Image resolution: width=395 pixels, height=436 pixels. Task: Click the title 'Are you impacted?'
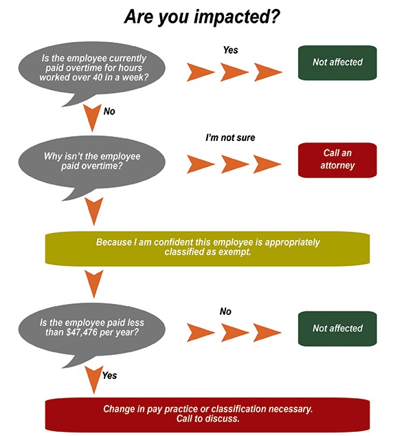click(x=202, y=17)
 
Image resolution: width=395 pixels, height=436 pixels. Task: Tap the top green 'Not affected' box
click(x=337, y=63)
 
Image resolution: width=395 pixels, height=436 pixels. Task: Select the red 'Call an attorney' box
click(x=337, y=160)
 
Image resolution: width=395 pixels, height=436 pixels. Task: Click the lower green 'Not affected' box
click(x=337, y=329)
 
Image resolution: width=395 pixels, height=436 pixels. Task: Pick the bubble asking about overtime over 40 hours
click(x=92, y=69)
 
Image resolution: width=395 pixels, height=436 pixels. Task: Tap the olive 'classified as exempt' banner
click(x=207, y=248)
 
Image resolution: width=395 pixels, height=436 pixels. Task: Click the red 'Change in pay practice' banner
click(x=207, y=414)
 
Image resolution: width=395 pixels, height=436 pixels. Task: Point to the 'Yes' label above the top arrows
click(x=231, y=50)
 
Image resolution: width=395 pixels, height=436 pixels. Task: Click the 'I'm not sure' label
click(x=230, y=138)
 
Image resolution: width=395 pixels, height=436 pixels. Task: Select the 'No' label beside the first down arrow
click(x=109, y=111)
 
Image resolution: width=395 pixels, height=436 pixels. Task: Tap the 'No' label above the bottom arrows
click(x=225, y=312)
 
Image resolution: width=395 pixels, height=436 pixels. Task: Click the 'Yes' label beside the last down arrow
click(x=109, y=375)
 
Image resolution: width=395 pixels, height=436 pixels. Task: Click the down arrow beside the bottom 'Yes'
click(x=94, y=379)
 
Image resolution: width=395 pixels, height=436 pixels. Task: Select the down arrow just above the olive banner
click(x=94, y=210)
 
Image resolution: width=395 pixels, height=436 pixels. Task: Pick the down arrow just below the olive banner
click(x=94, y=283)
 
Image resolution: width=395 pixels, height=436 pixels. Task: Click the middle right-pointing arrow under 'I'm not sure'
click(x=235, y=164)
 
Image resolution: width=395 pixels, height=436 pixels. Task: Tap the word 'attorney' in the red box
click(x=337, y=166)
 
